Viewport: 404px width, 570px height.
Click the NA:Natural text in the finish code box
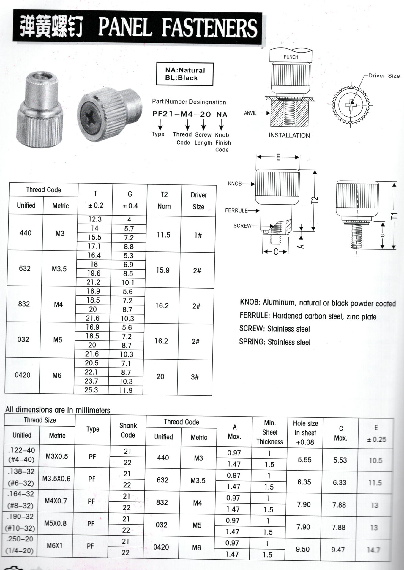185,70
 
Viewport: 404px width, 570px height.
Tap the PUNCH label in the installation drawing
291,57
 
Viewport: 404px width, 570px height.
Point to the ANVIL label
250,113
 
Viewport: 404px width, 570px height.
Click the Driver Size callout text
384,76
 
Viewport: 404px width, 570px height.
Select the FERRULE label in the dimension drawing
236,210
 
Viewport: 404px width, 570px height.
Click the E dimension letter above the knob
278,157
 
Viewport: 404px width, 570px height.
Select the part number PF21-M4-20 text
182,114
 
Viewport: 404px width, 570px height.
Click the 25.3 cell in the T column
91,390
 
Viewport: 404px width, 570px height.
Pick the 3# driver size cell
195,377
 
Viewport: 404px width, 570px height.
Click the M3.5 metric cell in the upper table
59,269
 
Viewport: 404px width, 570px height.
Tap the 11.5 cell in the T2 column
163,235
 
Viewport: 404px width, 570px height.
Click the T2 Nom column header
164,200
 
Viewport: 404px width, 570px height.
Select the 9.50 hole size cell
303,549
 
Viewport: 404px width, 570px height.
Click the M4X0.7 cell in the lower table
56,501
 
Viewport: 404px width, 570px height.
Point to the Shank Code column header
128,430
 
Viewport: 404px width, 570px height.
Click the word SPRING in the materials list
252,342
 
